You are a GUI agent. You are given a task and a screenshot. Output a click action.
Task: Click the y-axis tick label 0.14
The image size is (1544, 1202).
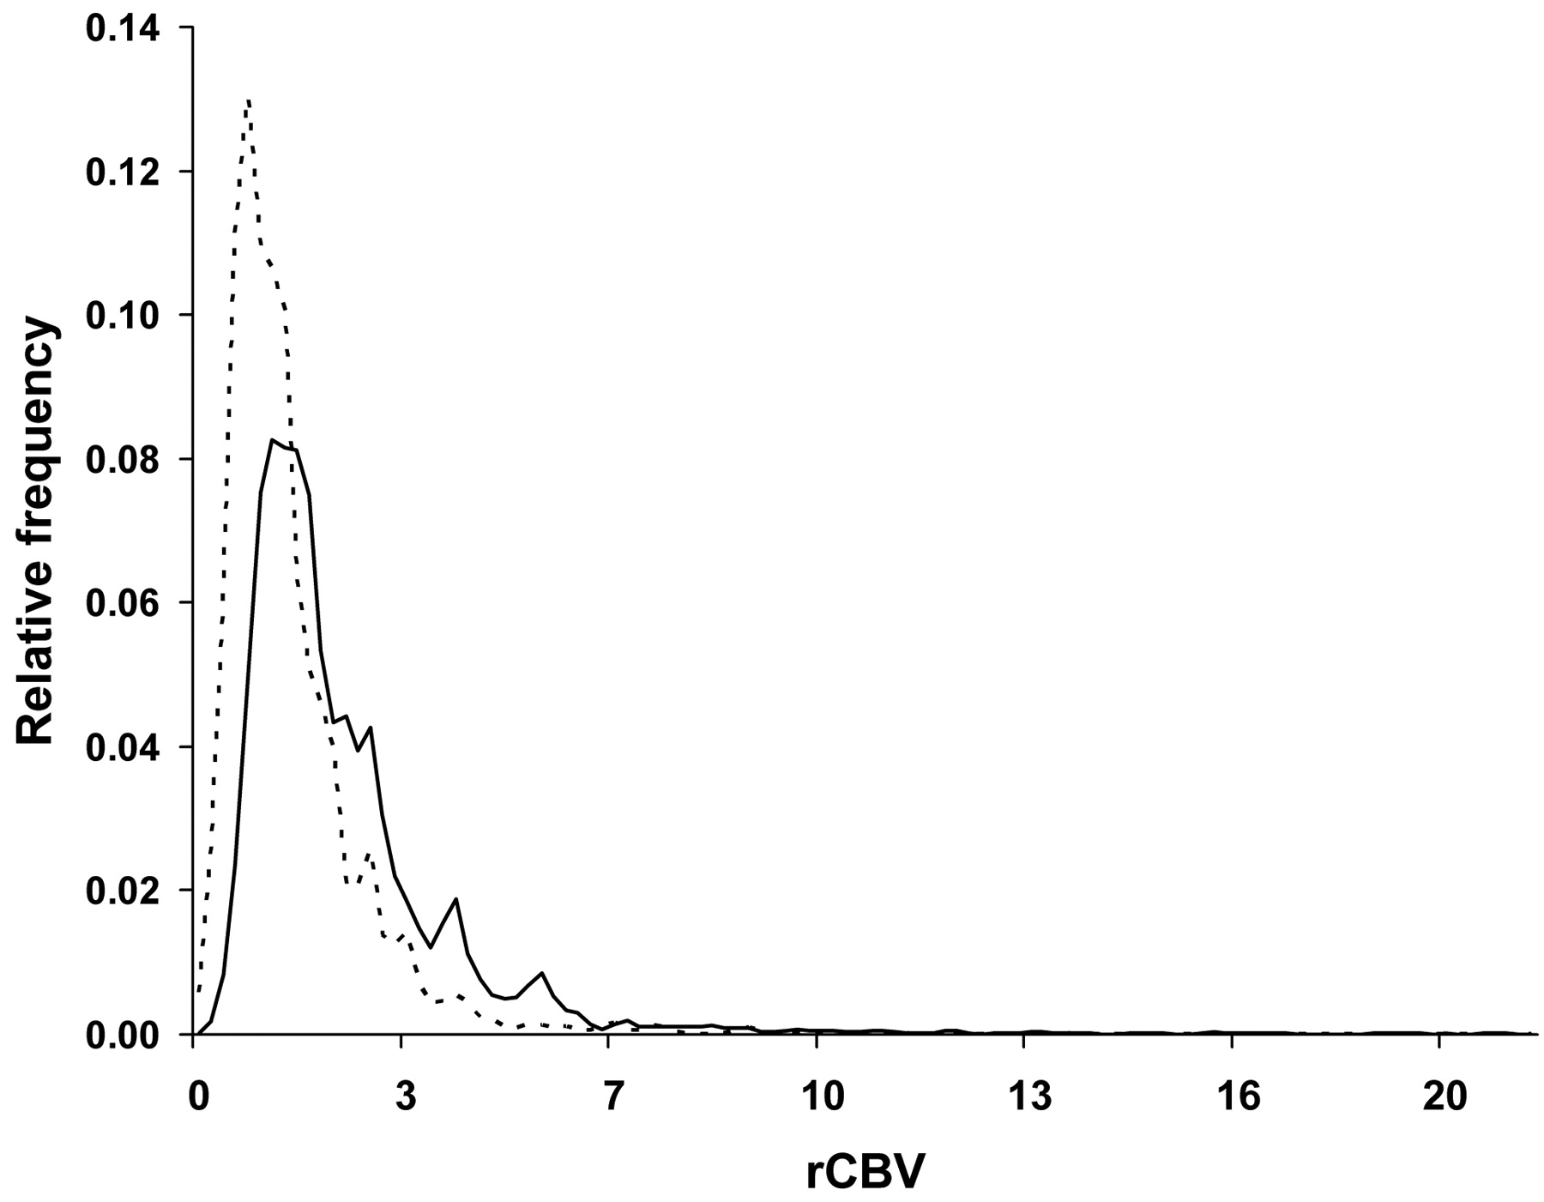click(x=122, y=28)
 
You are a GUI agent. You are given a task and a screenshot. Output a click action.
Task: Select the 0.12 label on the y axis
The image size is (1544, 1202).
click(x=122, y=172)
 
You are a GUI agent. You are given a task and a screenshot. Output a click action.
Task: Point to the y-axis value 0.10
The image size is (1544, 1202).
click(x=122, y=316)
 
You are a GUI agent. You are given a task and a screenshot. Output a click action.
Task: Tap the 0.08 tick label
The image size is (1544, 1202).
click(x=122, y=460)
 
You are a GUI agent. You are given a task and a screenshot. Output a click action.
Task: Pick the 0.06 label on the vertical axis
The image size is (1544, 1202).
click(x=122, y=603)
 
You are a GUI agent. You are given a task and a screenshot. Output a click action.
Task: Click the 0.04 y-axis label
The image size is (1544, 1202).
click(x=122, y=747)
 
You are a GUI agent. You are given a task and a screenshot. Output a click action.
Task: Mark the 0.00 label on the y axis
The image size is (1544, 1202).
click(x=122, y=1035)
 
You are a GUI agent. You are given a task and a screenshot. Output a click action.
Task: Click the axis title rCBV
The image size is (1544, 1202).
click(x=866, y=1172)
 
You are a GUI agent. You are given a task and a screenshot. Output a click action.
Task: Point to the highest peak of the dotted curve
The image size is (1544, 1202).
click(x=248, y=100)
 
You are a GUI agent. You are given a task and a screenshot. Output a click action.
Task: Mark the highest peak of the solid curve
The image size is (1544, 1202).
click(x=272, y=440)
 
